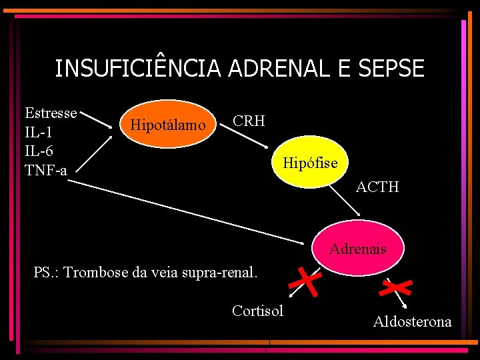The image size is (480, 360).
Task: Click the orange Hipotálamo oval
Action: click(x=167, y=124)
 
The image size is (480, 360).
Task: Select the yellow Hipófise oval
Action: click(x=310, y=162)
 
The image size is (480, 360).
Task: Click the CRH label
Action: click(x=249, y=121)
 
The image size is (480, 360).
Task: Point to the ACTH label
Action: click(x=377, y=187)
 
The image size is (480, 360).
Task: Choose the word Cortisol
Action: click(x=257, y=311)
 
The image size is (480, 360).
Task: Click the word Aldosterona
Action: click(x=412, y=322)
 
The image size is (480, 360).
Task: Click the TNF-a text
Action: click(x=46, y=171)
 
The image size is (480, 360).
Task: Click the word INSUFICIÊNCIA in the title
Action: click(x=138, y=68)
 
